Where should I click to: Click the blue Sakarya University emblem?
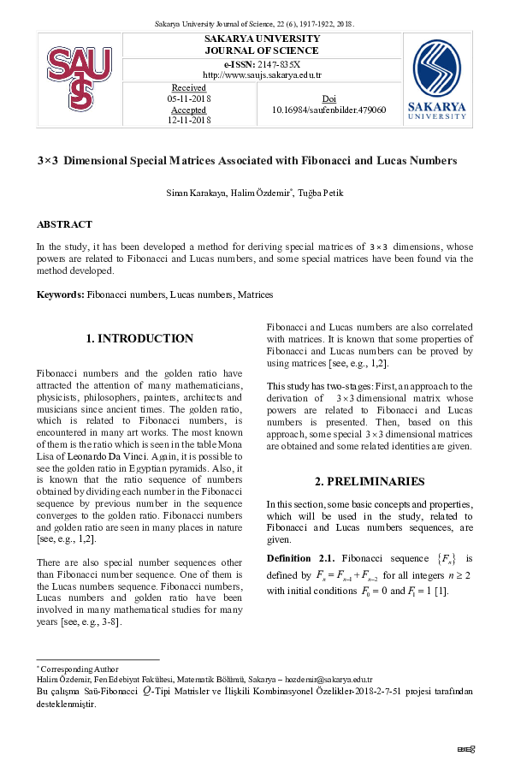pos(442,71)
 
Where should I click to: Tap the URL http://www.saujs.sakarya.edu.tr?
pos(262,75)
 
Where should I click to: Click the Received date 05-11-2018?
pos(189,99)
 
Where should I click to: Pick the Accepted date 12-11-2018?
pos(189,122)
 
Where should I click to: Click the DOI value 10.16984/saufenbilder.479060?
pos(328,110)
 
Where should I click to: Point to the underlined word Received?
pos(189,88)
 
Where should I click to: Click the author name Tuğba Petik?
pos(321,193)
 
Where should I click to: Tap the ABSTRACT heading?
pos(64,224)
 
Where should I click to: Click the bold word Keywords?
pos(60,294)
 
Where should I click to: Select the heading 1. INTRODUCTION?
pos(140,339)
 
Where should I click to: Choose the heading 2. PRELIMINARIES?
pos(369,481)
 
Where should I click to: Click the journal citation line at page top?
pos(254,24)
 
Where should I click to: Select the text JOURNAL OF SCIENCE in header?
pos(262,51)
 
